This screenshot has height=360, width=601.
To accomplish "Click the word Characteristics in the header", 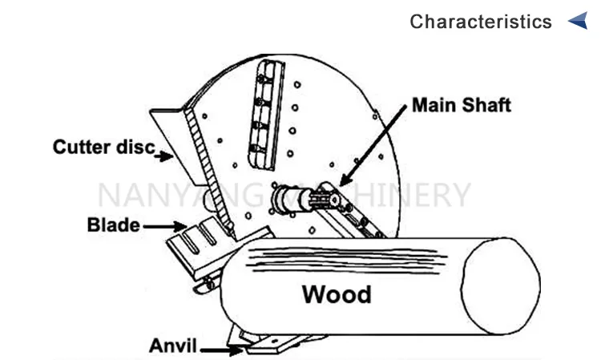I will click(481, 22).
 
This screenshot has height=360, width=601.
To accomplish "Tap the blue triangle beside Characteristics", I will click(578, 21).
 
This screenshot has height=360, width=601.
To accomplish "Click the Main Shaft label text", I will click(461, 105).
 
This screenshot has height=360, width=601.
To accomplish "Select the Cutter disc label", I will click(103, 147).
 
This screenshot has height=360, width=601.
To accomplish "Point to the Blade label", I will click(113, 225).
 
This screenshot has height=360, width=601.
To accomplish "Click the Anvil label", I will click(173, 347).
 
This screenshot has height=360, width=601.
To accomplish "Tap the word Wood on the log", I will click(337, 294).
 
